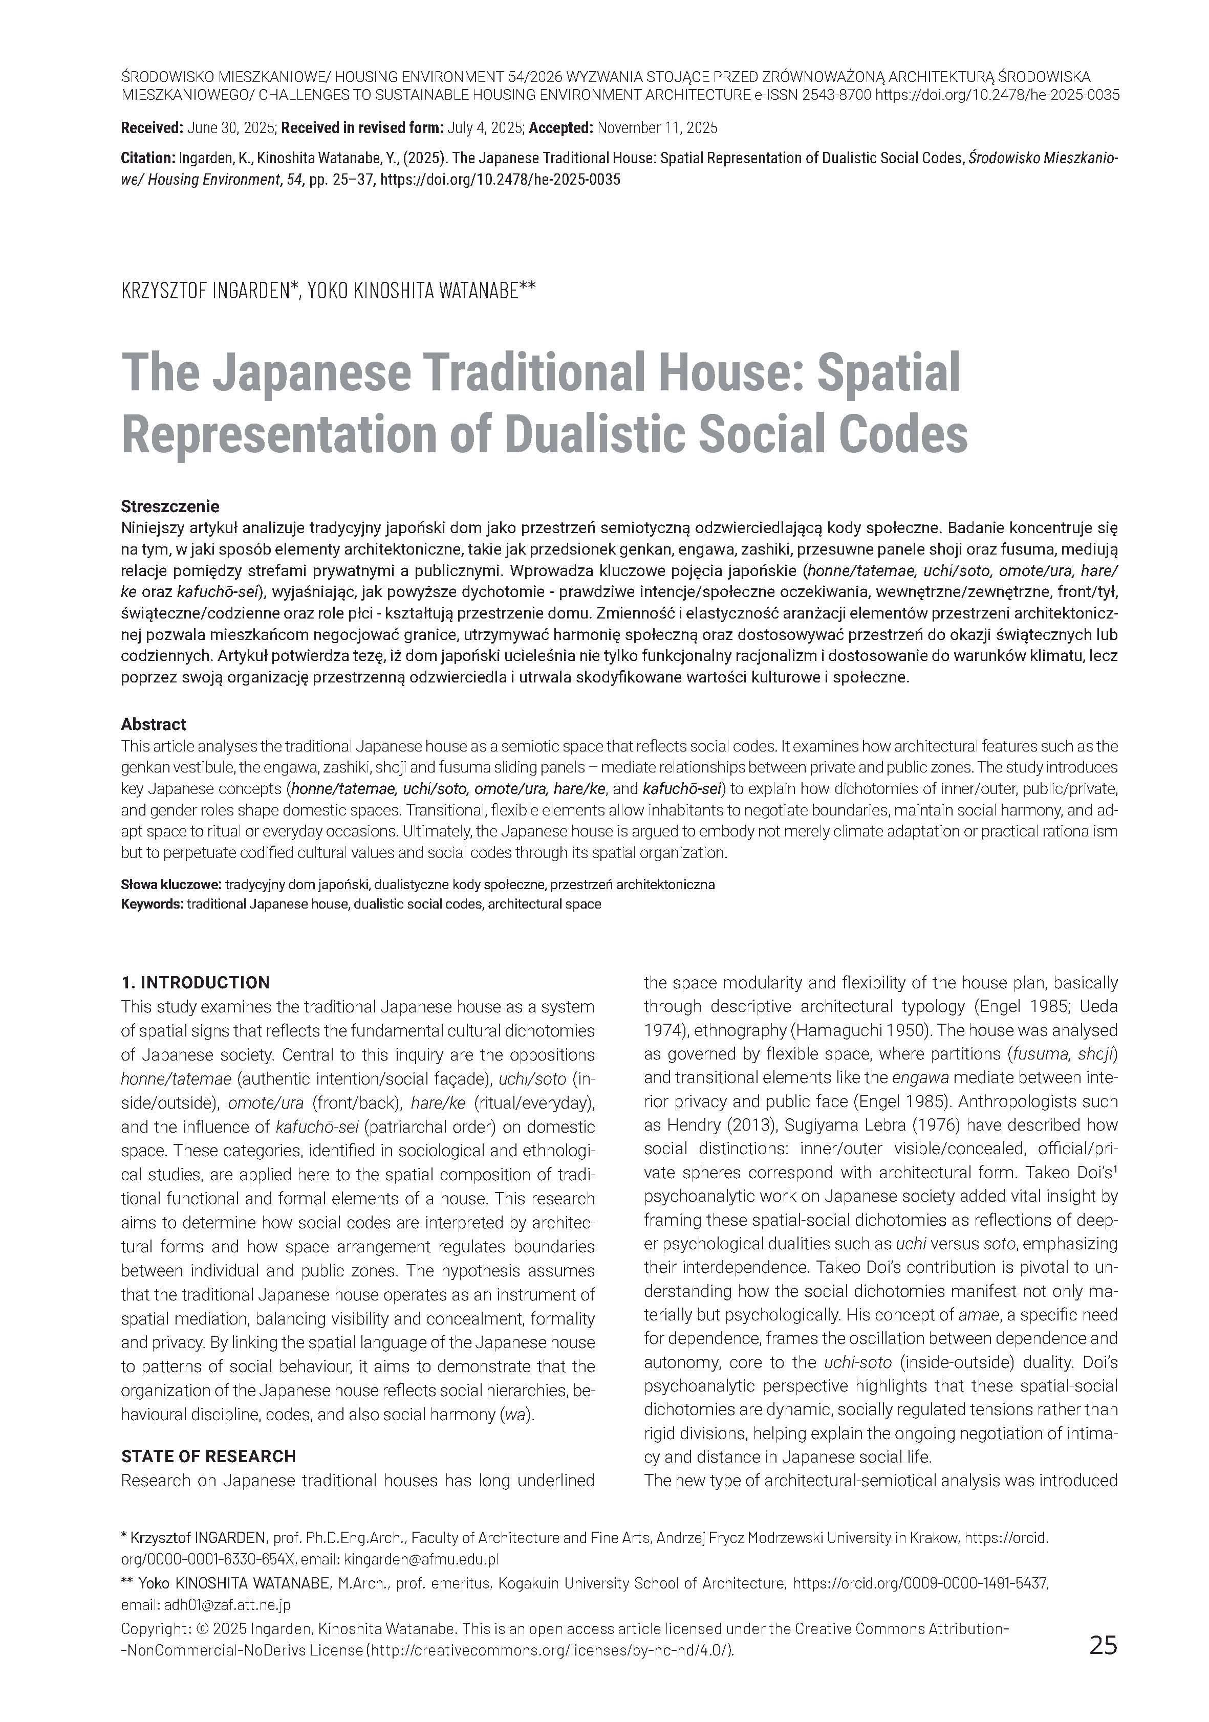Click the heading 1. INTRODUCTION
195,982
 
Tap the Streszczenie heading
169,506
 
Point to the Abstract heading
153,724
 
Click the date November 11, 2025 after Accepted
657,128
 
